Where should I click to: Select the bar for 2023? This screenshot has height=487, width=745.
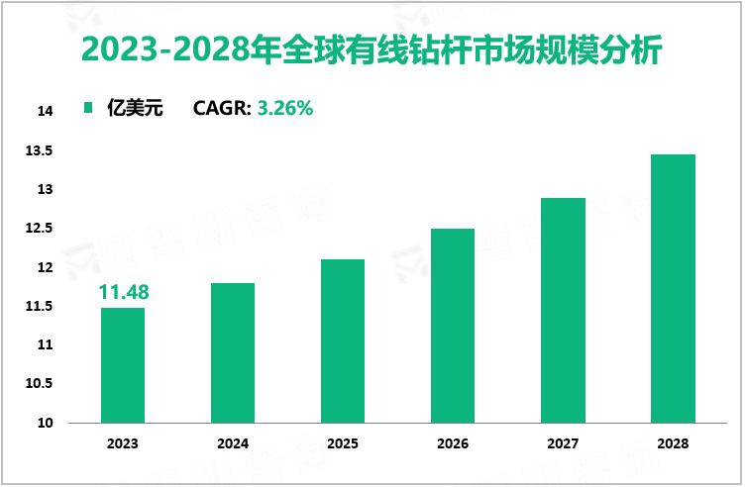pos(123,365)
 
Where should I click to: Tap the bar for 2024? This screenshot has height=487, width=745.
pos(233,353)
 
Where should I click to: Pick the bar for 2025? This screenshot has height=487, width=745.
pos(343,341)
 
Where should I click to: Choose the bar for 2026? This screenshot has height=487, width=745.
pos(453,326)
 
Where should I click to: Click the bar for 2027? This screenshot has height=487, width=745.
pos(563,311)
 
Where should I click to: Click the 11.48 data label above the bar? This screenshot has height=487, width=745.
pos(123,292)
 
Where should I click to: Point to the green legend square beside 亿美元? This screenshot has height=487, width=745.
pos(88,109)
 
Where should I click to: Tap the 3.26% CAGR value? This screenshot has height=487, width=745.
pos(285,109)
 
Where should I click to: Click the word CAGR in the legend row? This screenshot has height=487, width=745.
pos(222,109)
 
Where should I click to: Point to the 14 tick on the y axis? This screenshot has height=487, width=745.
pos(45,112)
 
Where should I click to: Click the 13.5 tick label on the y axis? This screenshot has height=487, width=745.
pos(40,150)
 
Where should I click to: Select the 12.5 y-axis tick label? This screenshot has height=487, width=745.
pos(40,229)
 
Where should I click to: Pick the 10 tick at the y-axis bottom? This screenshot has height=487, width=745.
pos(45,424)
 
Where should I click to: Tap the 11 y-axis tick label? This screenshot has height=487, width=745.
pos(45,345)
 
